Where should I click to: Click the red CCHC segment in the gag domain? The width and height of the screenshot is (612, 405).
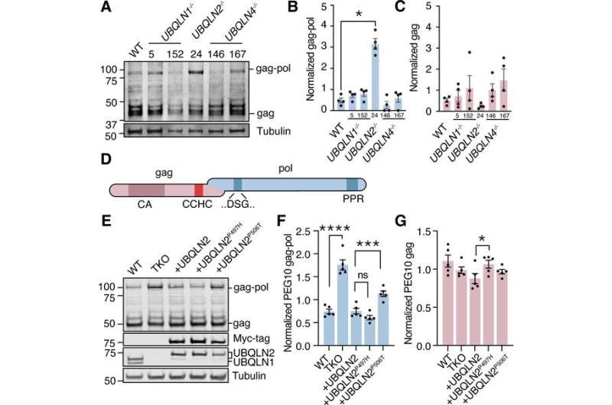tap(199, 188)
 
